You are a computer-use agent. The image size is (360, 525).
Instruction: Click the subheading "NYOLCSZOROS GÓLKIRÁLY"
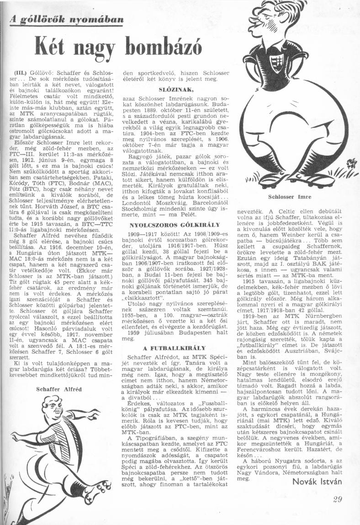click(x=175, y=225)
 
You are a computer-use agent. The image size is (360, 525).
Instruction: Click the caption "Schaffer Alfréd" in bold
click(x=59, y=389)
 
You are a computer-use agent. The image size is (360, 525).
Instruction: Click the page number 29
click(x=337, y=499)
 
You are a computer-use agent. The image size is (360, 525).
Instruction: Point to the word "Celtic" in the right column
click(x=280, y=211)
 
